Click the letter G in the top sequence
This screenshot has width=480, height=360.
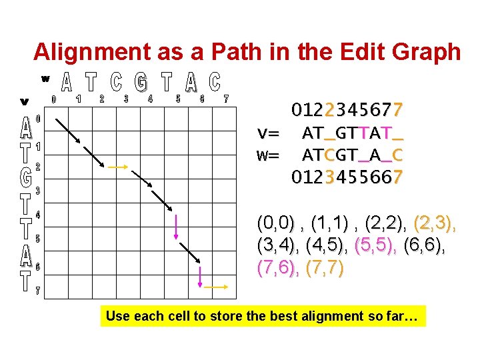click(x=141, y=83)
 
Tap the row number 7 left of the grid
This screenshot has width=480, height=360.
click(x=38, y=291)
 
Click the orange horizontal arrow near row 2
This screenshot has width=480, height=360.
click(x=118, y=167)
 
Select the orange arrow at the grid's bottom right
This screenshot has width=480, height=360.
click(x=216, y=287)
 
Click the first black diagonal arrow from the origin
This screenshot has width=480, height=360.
click(x=68, y=131)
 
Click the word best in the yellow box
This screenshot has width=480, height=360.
click(x=264, y=316)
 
